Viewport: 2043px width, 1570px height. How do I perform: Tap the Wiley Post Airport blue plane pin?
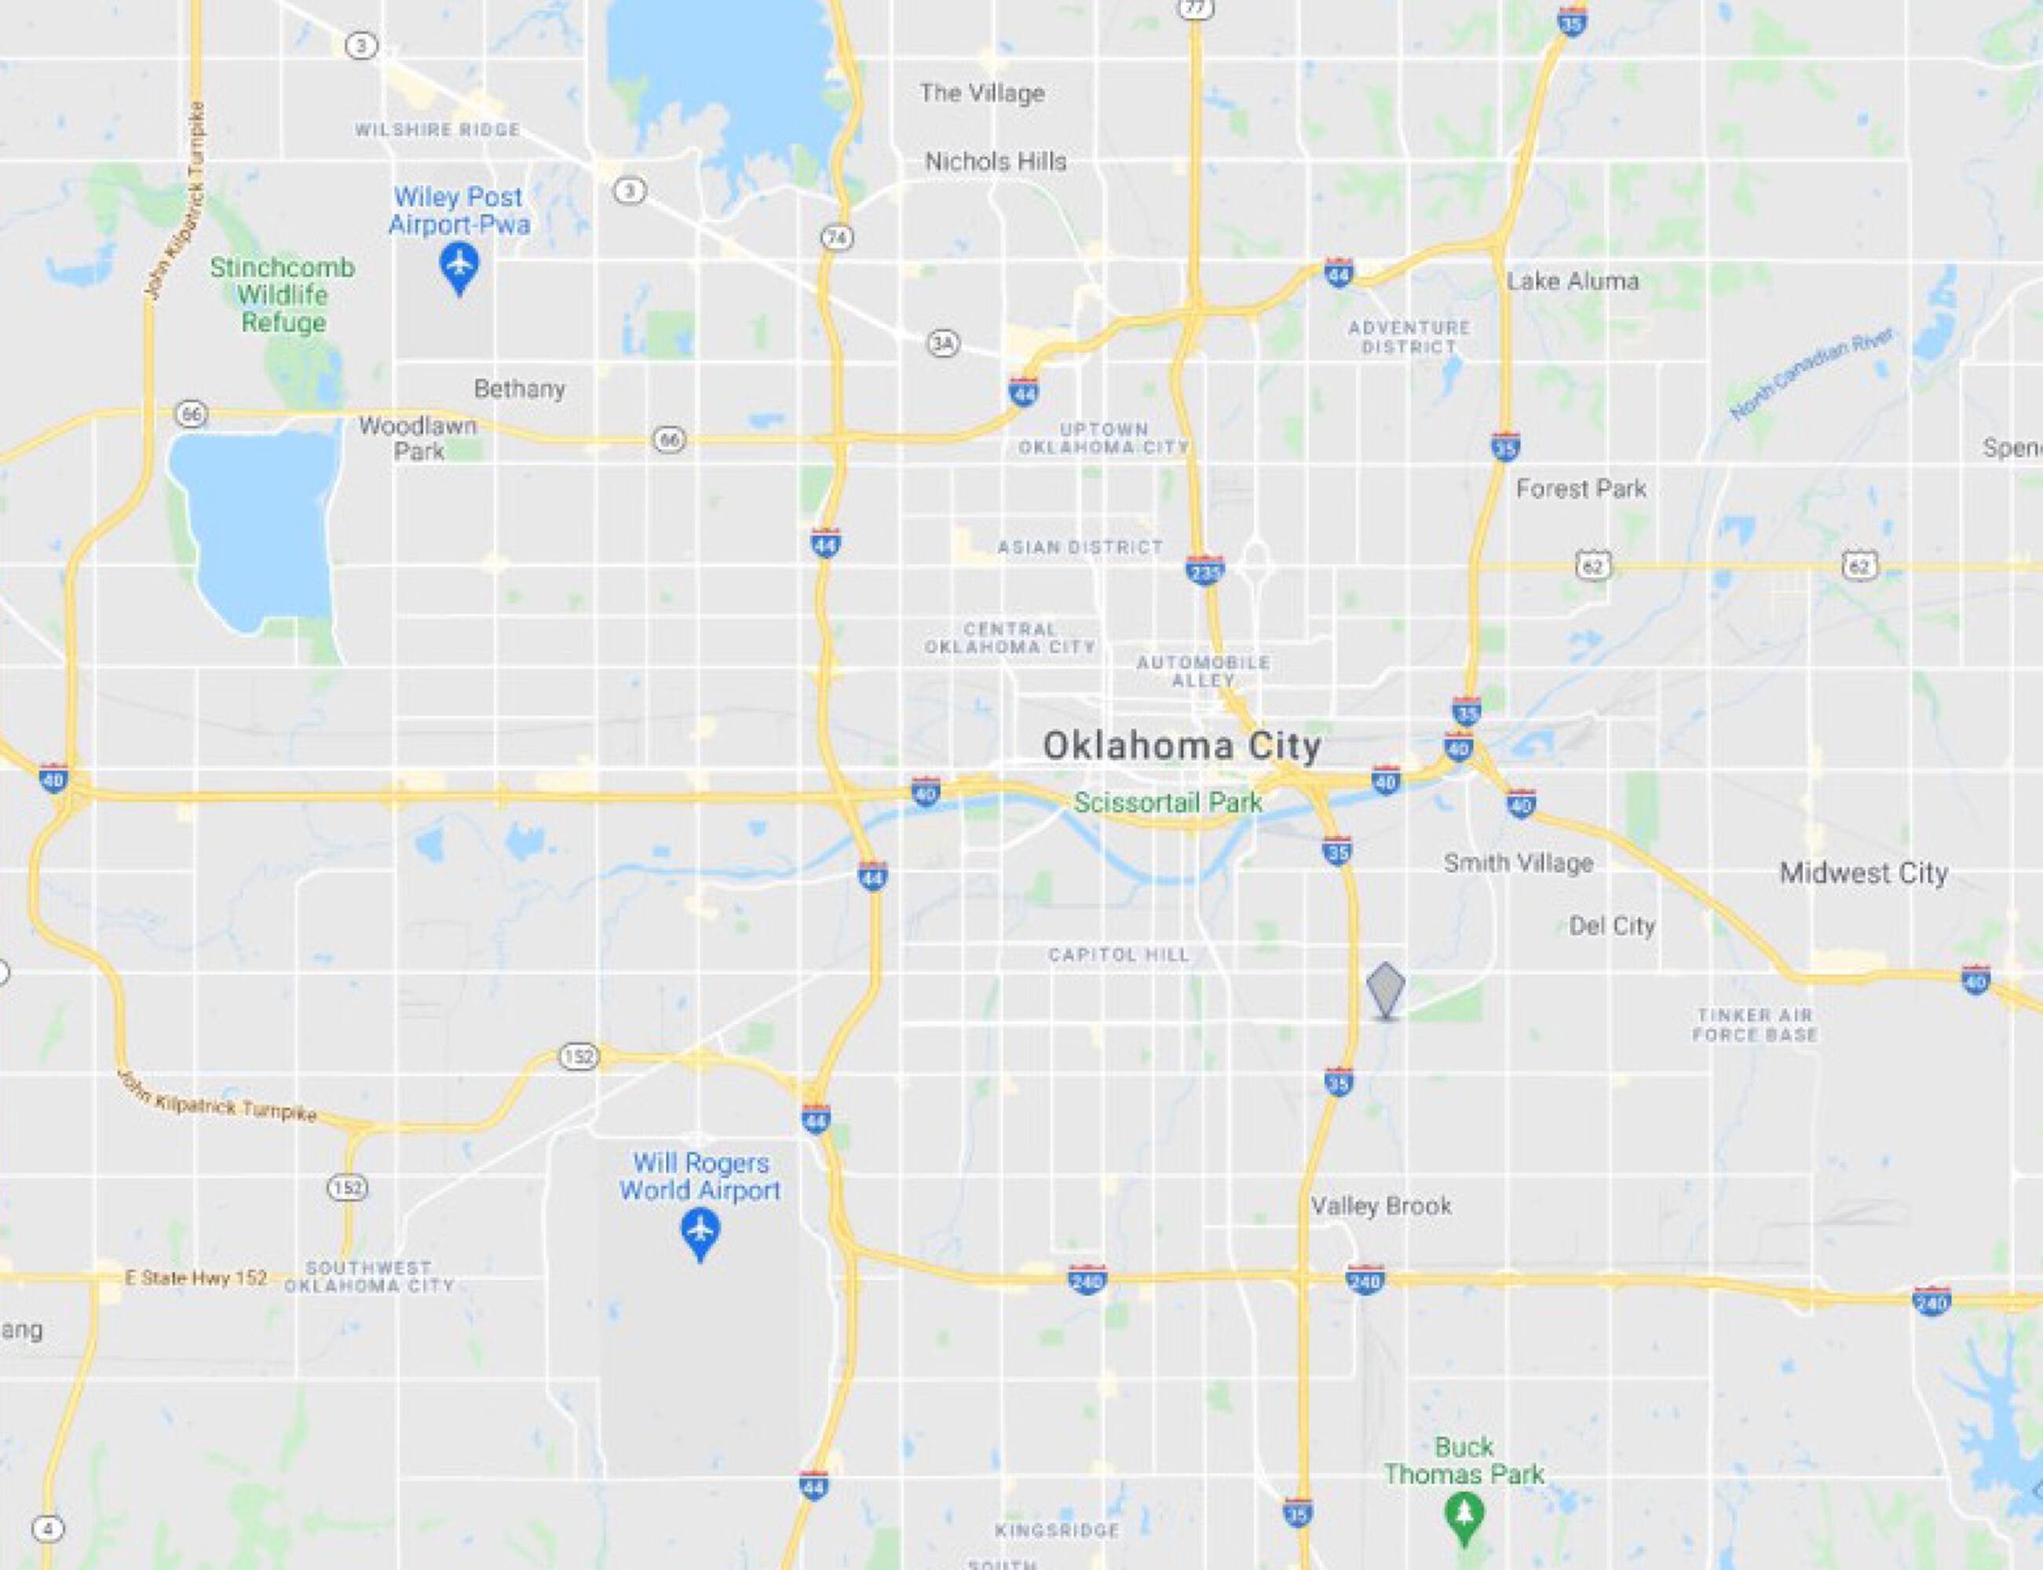(x=459, y=266)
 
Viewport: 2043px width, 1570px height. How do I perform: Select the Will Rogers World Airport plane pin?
(x=700, y=1231)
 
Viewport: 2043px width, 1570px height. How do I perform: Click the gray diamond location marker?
(x=1385, y=990)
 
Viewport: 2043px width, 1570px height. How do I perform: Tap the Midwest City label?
(x=1863, y=873)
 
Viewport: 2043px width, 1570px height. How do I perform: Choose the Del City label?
(x=1612, y=926)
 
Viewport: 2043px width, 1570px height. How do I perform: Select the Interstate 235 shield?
(x=1204, y=570)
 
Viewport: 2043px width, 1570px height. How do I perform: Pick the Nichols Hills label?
(x=996, y=162)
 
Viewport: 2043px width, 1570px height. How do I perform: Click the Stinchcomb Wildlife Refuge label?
(x=282, y=295)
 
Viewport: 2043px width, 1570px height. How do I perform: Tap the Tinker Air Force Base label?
(x=1754, y=1024)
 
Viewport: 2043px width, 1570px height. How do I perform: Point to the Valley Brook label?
(x=1381, y=1206)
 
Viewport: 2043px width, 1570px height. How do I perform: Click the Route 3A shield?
(x=943, y=344)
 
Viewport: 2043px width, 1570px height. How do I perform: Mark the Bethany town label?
(x=519, y=389)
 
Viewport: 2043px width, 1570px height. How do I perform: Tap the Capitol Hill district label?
(x=1119, y=955)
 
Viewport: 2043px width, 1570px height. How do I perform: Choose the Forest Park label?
(x=1581, y=489)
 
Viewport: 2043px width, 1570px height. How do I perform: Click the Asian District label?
(x=1080, y=546)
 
